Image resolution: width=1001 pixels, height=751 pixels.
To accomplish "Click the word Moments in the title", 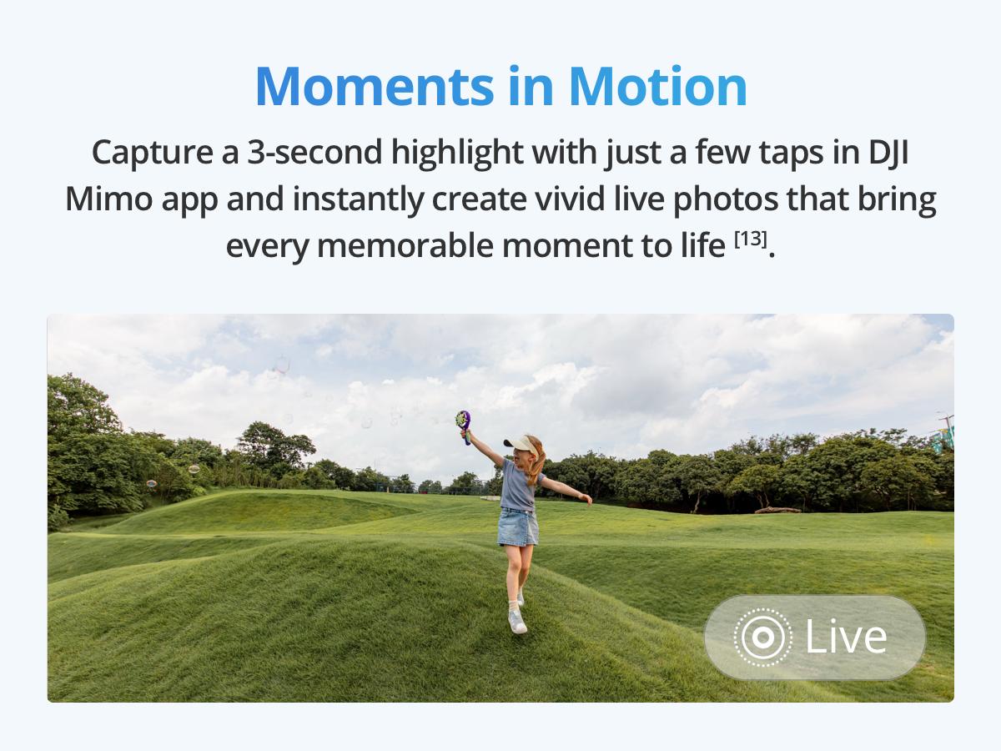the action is coord(375,87).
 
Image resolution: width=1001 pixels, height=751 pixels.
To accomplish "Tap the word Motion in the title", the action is coord(658,87).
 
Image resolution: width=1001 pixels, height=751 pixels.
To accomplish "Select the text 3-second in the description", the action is coord(314,153).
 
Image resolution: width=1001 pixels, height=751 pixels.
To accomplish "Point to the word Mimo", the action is coord(109,199).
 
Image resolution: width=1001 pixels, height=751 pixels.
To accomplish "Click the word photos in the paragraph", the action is coord(726,200).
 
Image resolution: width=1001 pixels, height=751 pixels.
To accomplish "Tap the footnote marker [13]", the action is coord(751,239).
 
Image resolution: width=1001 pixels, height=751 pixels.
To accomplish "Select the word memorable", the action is coord(405,246).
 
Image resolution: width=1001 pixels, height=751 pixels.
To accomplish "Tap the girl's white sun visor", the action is coord(521,444).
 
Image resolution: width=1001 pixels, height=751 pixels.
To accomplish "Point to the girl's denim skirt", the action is coord(518,527).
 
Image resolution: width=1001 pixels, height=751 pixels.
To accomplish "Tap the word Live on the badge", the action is coord(847,637).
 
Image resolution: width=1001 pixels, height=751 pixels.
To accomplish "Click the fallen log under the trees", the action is coord(778,510).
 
